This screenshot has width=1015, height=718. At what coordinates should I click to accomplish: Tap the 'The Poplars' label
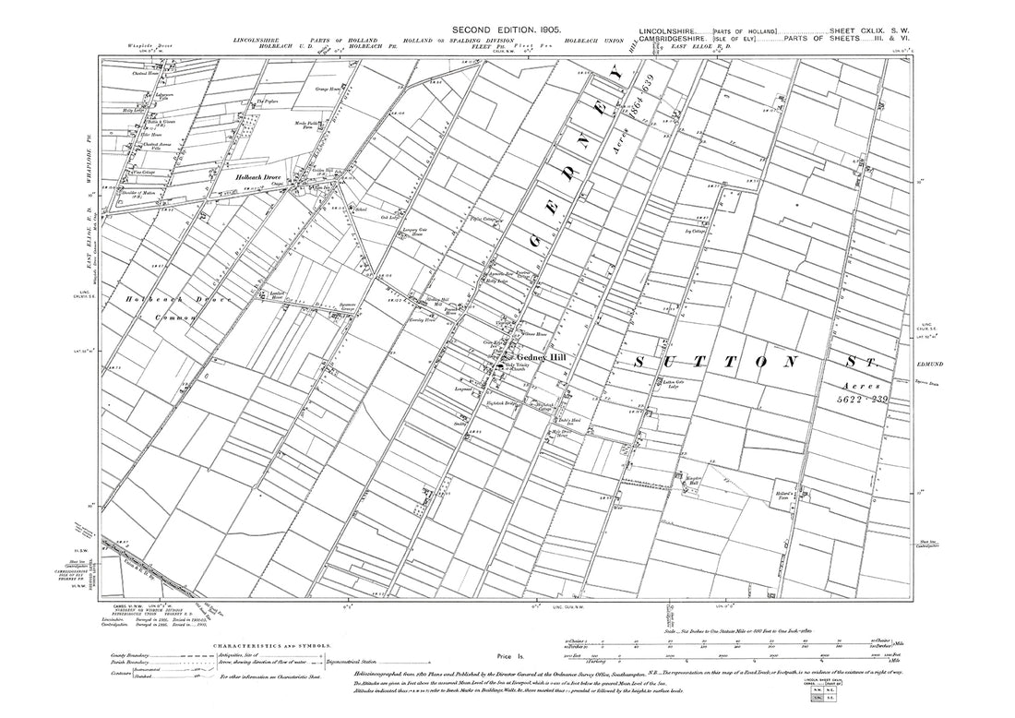(x=268, y=102)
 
